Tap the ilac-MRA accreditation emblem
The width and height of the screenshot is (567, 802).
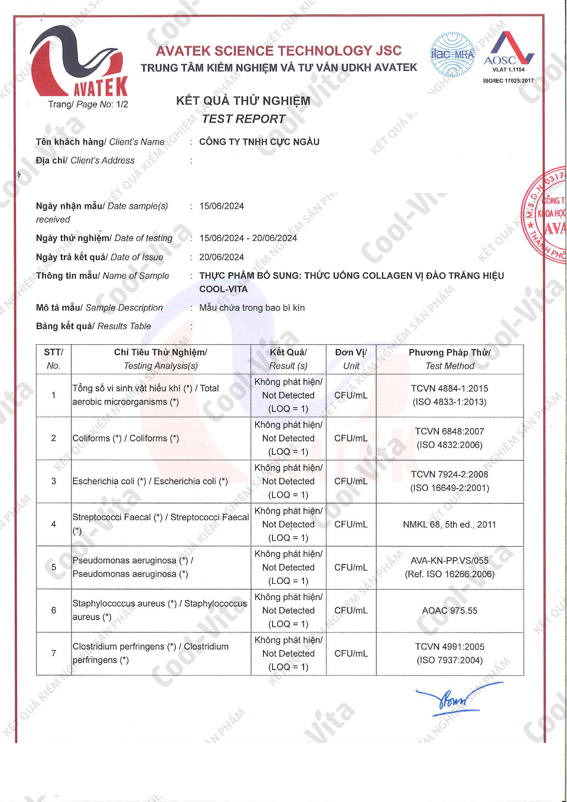pos(452,55)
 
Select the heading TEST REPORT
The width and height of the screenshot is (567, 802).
pos(243,119)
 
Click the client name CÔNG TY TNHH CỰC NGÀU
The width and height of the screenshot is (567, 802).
pos(259,142)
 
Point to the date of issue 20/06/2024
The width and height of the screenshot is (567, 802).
pos(222,257)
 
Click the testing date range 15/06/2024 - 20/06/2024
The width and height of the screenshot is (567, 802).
pos(248,238)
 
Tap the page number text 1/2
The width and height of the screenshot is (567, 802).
pos(122,104)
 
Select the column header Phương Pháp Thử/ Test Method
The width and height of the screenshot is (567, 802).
pos(449,359)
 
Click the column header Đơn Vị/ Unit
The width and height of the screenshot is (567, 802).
pos(351,359)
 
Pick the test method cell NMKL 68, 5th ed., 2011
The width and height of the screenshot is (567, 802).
pos(449,524)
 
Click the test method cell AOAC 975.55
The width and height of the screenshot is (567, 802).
pos(449,611)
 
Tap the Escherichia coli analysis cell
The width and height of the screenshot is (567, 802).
pos(150,481)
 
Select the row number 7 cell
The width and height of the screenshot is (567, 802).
pos(53,653)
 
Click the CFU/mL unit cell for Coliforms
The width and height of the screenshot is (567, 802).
pos(351,438)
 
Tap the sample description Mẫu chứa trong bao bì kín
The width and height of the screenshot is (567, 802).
pos(252,308)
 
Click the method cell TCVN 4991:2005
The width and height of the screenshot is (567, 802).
pos(449,647)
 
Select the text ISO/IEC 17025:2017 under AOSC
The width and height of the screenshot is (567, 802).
pos(508,81)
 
